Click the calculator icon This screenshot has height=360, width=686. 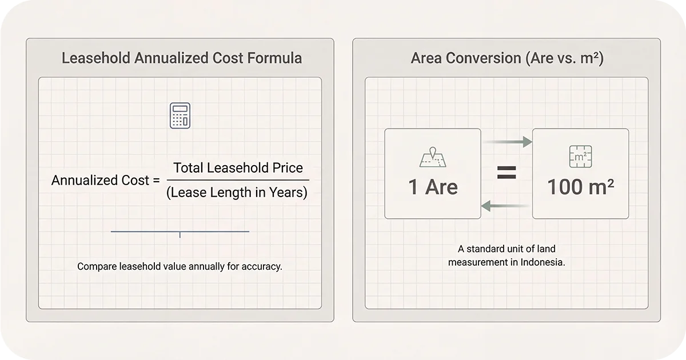180,115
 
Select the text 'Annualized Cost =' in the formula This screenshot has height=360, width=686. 105,181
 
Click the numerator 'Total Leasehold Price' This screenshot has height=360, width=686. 238,168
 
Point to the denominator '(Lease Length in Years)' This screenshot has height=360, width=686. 237,193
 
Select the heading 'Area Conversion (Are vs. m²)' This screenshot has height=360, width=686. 506,58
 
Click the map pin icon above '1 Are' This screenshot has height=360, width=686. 433,158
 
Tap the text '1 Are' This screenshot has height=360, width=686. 433,187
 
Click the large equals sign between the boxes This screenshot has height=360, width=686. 506,173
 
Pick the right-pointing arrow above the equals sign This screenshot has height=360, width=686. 506,142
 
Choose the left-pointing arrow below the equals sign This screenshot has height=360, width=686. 506,206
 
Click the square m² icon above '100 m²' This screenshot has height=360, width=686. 580,157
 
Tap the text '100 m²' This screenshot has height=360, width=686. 580,187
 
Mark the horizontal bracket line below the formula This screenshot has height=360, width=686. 180,231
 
